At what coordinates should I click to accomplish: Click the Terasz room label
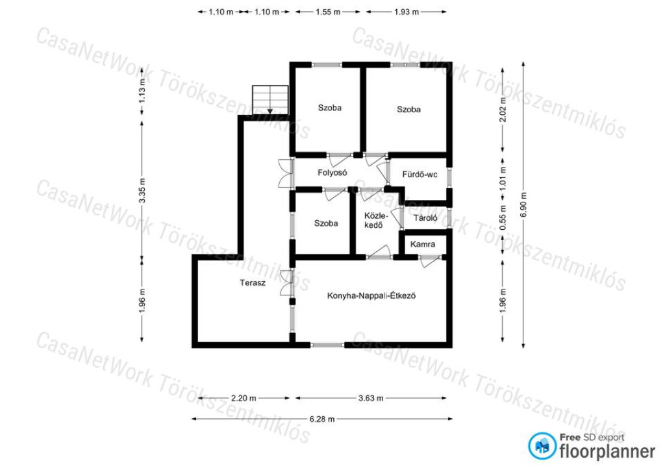point(253,282)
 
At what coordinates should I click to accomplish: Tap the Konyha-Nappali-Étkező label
point(371,295)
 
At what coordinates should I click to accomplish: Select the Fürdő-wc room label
point(420,174)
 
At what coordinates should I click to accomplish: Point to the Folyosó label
point(332,173)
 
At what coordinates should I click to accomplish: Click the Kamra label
point(422,244)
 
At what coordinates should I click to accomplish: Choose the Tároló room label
point(425,218)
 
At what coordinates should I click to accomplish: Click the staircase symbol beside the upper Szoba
point(270,100)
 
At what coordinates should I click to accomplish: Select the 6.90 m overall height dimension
point(523,204)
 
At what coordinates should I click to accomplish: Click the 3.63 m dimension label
point(371,399)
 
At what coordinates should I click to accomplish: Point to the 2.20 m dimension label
point(244,399)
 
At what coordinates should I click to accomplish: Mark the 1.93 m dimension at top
point(407,12)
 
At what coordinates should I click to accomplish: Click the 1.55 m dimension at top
point(328,12)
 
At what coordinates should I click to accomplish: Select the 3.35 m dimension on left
point(142,190)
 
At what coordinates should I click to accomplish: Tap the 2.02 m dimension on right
point(503,109)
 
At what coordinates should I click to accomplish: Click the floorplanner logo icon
point(542,446)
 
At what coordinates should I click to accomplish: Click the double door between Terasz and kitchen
point(286,282)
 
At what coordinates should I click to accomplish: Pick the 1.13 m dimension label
point(142,91)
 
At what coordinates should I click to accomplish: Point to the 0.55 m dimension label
point(503,218)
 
